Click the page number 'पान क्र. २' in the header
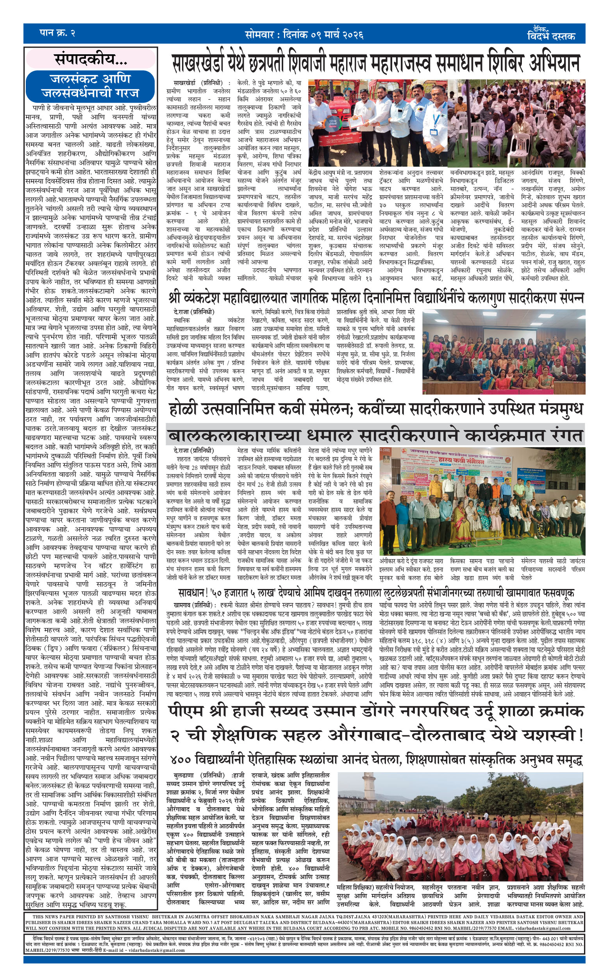[x=57, y=34]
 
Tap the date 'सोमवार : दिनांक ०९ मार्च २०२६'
[x=304, y=35]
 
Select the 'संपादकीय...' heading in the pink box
[x=91, y=60]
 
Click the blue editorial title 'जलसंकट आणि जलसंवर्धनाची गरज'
[x=90, y=86]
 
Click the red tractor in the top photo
[x=334, y=133]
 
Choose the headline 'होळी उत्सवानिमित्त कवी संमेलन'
[x=375, y=409]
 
